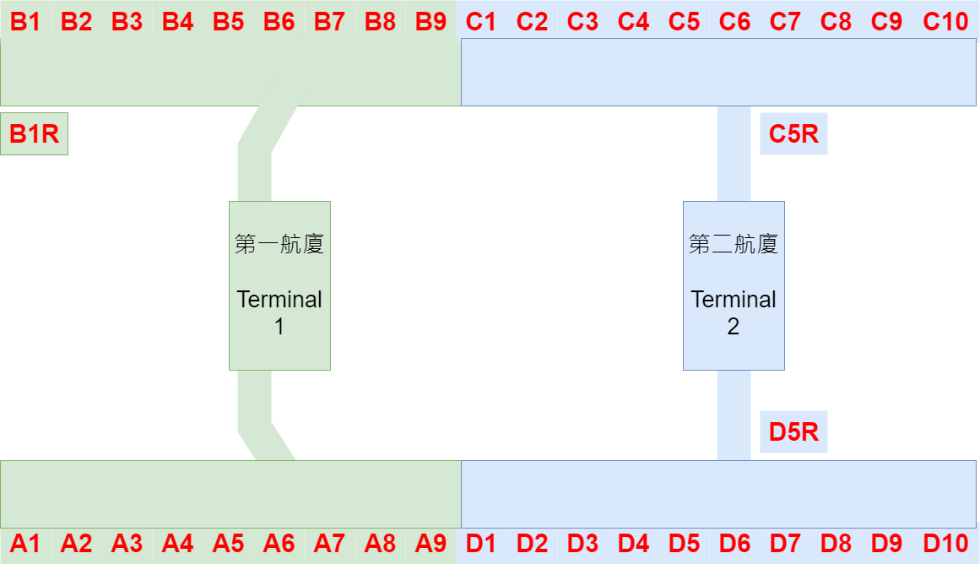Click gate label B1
[x=25, y=21]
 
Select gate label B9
[x=430, y=21]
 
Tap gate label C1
[x=481, y=21]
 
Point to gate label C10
[x=945, y=21]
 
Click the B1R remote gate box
[x=34, y=134]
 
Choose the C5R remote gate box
[x=793, y=134]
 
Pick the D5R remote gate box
[x=793, y=432]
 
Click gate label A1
[x=25, y=544]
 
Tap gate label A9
[x=430, y=544]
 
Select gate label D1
[x=481, y=544]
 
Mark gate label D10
[x=945, y=544]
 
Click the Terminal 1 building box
[x=279, y=338]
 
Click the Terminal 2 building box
[x=734, y=338]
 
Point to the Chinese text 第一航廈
[x=279, y=245]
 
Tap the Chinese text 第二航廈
[x=734, y=245]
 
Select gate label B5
[x=228, y=21]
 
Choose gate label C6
[x=734, y=21]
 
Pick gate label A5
[x=228, y=544]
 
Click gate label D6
[x=734, y=544]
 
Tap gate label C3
[x=582, y=21]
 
